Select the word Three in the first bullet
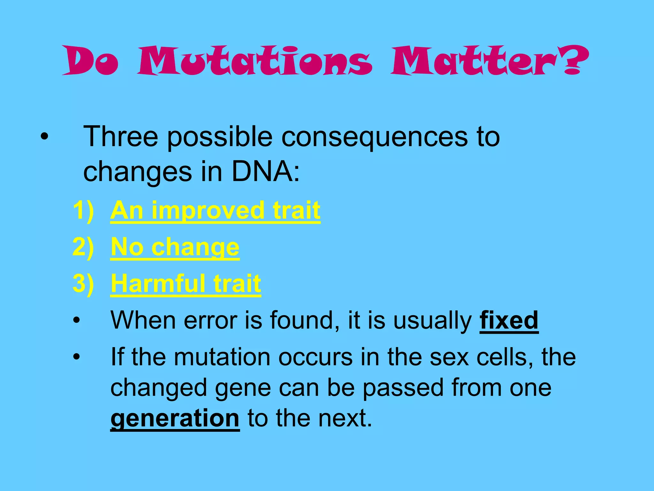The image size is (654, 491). (121, 137)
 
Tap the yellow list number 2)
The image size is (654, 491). (83, 247)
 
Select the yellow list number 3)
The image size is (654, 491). (83, 283)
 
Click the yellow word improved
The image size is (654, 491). (208, 211)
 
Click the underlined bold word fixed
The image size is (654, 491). (509, 320)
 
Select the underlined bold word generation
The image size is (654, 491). (175, 419)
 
